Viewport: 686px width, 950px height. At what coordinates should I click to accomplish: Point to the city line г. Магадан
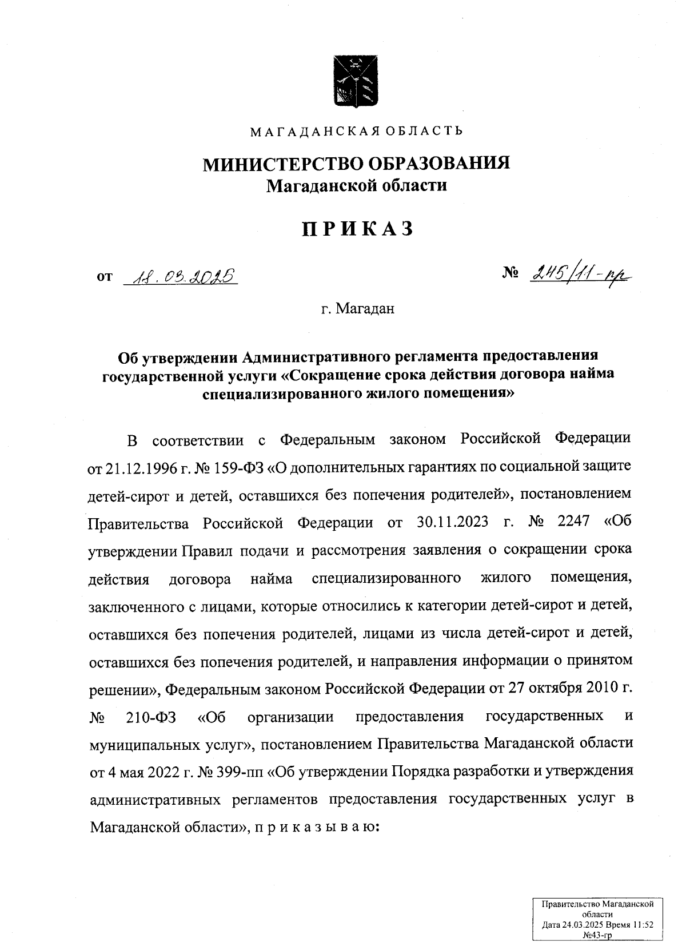357,309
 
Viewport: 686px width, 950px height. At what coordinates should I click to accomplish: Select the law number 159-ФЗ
236,468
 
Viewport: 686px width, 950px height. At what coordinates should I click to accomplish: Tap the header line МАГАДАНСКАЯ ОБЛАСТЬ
357,132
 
